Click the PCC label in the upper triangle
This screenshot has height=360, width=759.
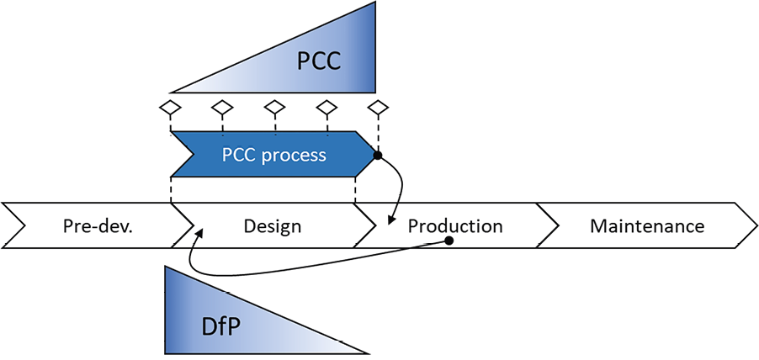[320, 61]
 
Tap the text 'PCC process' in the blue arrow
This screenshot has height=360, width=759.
[273, 155]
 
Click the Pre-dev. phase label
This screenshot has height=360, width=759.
[98, 226]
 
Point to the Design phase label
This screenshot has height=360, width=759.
[272, 226]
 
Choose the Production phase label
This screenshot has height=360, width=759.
[455, 226]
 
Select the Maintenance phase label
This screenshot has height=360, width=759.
[647, 226]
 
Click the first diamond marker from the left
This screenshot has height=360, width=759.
[171, 108]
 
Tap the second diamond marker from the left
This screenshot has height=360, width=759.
[222, 108]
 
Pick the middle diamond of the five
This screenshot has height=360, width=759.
[274, 108]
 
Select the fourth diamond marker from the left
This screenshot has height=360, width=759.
[326, 108]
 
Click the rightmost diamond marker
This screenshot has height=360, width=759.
[379, 108]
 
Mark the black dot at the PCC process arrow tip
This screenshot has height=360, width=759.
[378, 156]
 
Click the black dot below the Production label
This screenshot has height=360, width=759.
[449, 241]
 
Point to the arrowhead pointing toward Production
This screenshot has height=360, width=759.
[390, 222]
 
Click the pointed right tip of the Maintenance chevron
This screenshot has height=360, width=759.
[755, 225]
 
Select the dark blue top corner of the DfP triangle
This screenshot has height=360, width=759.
[167, 269]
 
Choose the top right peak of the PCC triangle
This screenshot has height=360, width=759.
[374, 4]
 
